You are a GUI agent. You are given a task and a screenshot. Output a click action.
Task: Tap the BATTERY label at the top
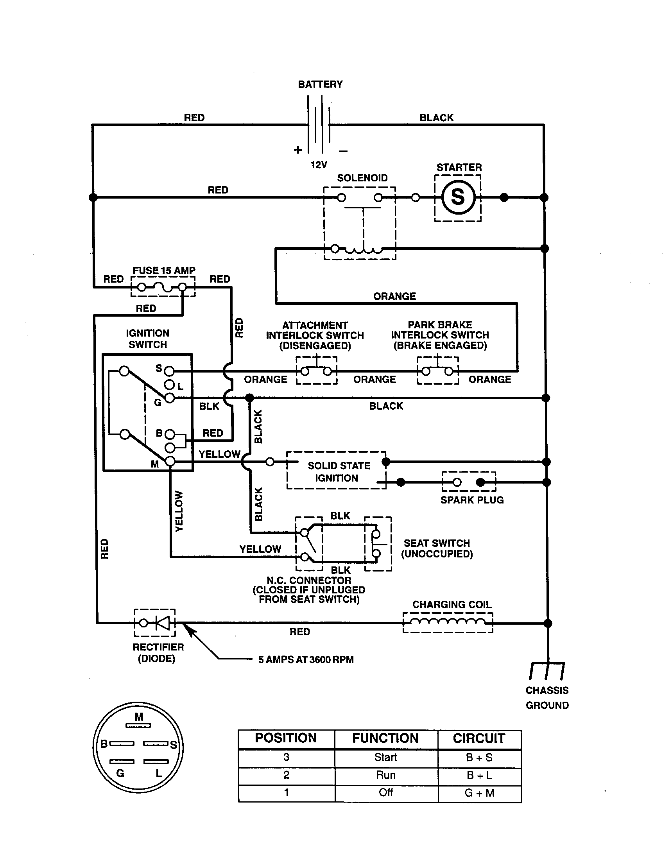[x=320, y=84]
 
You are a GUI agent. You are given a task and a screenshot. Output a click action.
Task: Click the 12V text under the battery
[x=319, y=165]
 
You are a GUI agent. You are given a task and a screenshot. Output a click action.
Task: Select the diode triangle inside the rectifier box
[x=162, y=623]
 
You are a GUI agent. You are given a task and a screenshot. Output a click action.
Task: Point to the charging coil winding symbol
[x=448, y=622]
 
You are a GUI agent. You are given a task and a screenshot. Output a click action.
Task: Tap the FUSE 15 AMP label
[x=164, y=271]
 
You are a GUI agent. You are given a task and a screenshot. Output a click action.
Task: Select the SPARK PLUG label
[x=472, y=500]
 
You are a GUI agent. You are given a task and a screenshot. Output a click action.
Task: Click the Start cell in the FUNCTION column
[x=385, y=757]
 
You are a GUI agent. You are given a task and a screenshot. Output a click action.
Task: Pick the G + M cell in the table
[x=479, y=793]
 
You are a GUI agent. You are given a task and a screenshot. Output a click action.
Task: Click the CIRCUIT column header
[x=479, y=738]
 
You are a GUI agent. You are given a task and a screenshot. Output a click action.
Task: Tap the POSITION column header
[x=286, y=738]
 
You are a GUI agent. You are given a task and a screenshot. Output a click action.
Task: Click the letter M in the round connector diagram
[x=139, y=717]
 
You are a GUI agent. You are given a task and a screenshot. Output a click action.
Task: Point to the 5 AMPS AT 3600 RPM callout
[x=306, y=659]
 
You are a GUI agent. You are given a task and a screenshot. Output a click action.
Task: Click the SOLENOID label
[x=362, y=178]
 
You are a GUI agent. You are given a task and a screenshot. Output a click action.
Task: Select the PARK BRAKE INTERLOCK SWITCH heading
[x=440, y=335]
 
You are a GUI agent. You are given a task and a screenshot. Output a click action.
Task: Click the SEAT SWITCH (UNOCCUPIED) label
[x=437, y=548]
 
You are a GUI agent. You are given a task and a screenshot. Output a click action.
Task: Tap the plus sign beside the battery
[x=298, y=150]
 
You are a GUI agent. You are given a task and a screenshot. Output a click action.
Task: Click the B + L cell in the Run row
[x=479, y=775]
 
